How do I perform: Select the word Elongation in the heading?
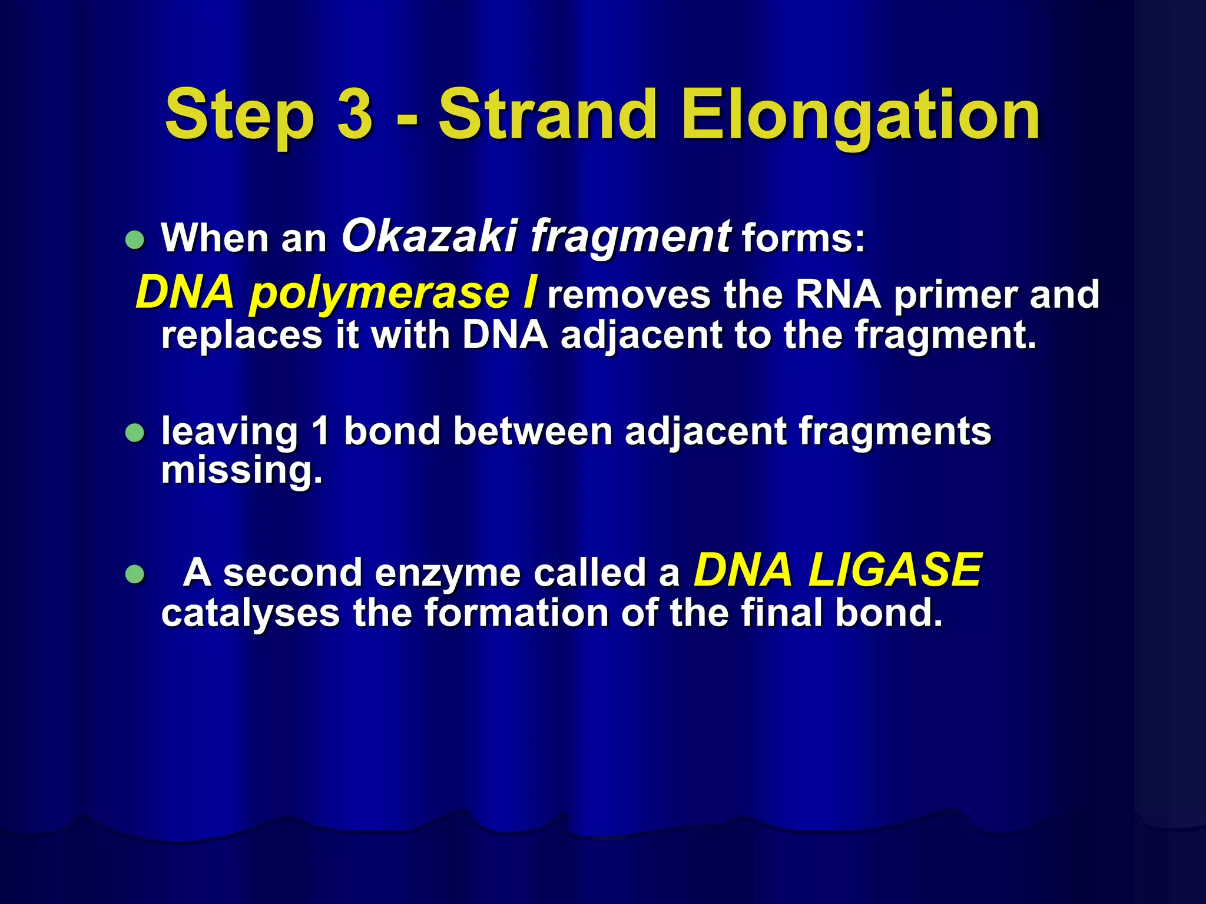(x=860, y=115)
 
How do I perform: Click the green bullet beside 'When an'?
(x=135, y=240)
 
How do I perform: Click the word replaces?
(x=241, y=335)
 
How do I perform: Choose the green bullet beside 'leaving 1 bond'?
(x=135, y=433)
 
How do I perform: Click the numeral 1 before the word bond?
(x=321, y=431)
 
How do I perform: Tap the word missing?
(x=241, y=471)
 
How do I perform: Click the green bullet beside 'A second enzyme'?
(x=135, y=573)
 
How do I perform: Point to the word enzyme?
(x=448, y=573)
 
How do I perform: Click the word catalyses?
(x=250, y=613)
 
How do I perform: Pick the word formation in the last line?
(x=516, y=613)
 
